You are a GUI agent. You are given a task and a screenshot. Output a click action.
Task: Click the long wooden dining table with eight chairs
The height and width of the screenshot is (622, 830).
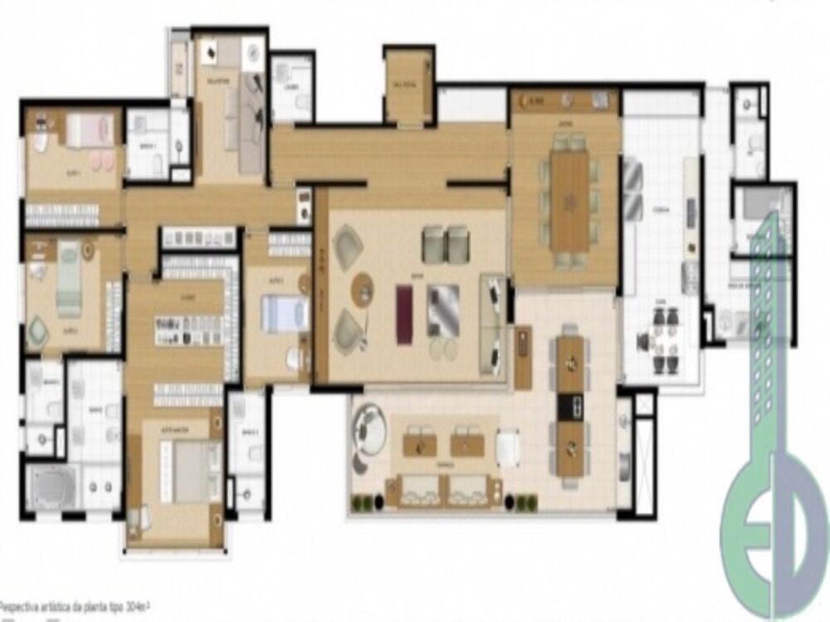[x=569, y=202]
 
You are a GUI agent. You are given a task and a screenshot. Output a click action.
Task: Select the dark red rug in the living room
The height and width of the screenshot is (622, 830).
[x=404, y=313]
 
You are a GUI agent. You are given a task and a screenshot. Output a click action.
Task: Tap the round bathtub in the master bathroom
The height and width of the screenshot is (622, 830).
[x=52, y=487]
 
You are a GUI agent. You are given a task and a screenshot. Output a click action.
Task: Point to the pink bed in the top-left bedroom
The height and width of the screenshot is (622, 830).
[x=88, y=130]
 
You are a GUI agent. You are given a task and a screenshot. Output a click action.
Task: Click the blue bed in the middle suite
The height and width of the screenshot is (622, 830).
[x=284, y=314]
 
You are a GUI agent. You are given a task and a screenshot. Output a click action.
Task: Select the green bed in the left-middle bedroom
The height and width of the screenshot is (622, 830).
[x=68, y=279]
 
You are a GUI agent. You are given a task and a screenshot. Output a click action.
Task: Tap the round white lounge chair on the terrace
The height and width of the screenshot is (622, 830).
[x=368, y=429]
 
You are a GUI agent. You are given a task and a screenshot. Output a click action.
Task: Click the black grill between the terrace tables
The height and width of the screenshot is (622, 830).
[x=570, y=406]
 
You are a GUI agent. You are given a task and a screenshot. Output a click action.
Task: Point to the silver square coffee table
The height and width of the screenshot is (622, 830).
[x=442, y=309]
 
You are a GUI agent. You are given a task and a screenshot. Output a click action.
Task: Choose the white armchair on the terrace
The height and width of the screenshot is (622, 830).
[x=508, y=449]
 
